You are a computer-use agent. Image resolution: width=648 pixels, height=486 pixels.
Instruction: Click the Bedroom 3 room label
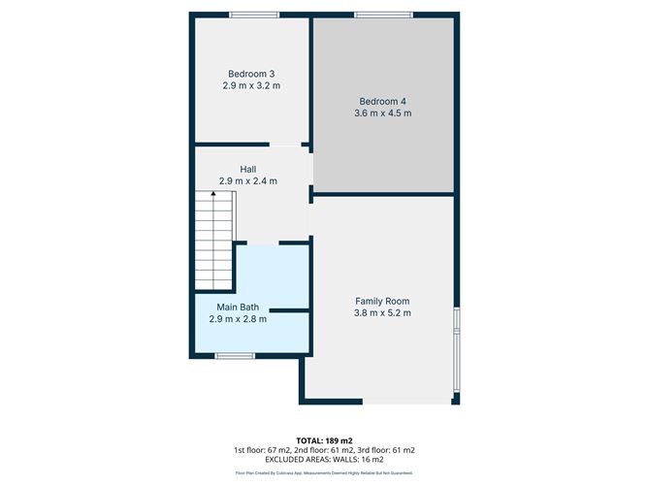pos(251,74)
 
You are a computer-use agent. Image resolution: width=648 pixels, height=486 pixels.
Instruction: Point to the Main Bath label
pos(238,307)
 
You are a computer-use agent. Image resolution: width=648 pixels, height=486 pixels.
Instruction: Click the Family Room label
pos(382,301)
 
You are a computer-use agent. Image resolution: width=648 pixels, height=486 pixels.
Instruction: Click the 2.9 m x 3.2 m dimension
pos(251,85)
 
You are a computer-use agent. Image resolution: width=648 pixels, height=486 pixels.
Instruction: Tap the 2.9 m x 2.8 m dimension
pos(238,318)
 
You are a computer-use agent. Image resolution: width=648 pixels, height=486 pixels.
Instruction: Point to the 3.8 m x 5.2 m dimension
pos(382,312)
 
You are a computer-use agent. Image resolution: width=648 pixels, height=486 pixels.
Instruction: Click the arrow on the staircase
pos(213,195)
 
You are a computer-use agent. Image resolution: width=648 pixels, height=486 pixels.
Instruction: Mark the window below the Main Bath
pos(234,356)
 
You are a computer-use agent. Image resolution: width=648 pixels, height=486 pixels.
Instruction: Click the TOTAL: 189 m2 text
pos(324,439)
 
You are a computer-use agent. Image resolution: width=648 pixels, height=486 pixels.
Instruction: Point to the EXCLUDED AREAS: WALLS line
pos(324,460)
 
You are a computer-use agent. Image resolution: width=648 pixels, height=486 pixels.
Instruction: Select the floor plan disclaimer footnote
pos(324,473)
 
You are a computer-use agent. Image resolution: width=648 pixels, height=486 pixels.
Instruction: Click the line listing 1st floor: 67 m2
pos(324,450)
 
